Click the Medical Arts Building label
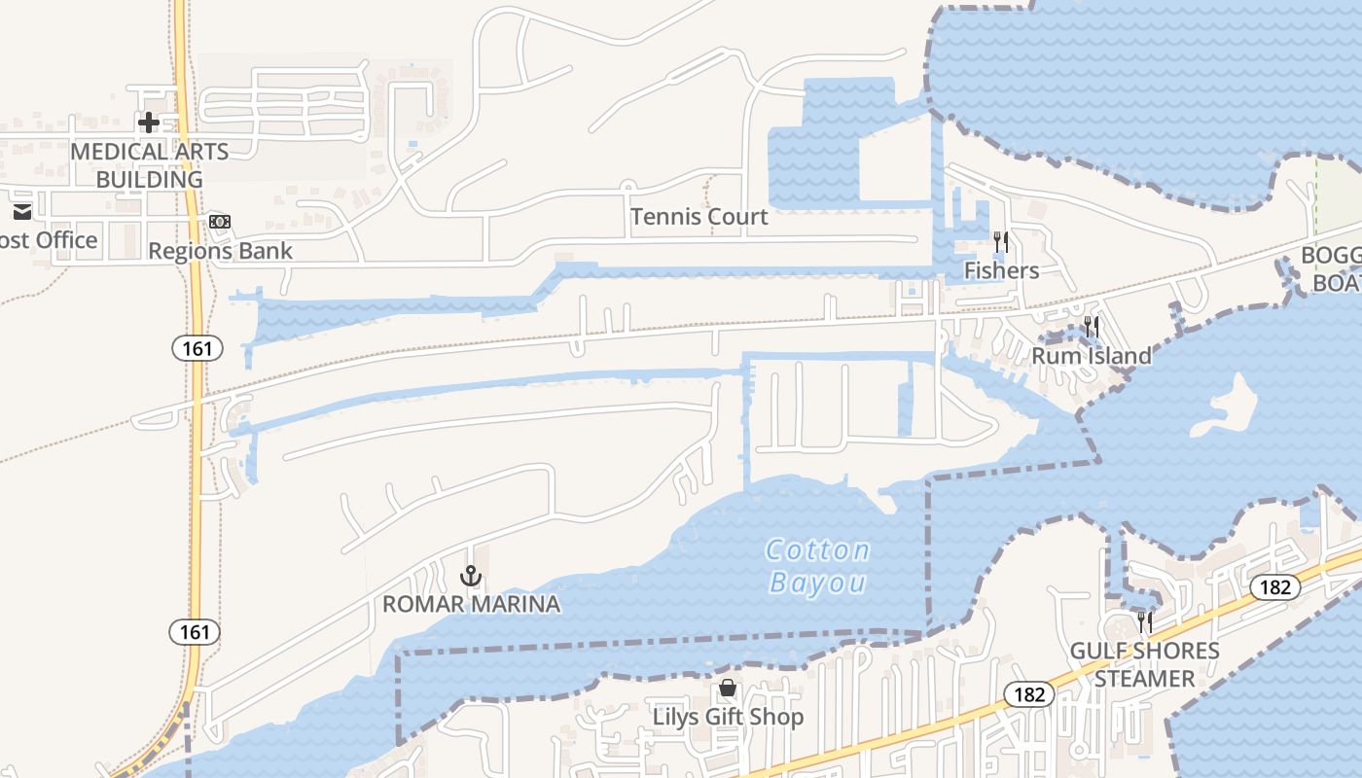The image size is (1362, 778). [150, 165]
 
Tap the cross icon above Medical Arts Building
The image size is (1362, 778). [149, 123]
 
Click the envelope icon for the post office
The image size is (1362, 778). [21, 212]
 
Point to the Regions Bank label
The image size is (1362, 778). [220, 251]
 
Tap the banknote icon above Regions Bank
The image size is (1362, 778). [220, 222]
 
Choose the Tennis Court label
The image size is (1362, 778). [699, 217]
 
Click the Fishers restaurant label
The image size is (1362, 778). [1001, 270]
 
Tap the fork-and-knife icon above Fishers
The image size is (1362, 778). [1000, 241]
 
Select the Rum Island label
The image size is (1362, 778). [1091, 356]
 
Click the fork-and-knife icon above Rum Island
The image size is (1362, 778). [1092, 327]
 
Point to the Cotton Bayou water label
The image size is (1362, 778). [817, 566]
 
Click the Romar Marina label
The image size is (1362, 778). [471, 604]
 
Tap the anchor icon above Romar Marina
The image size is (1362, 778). [471, 576]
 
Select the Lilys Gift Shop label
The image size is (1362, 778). [728, 717]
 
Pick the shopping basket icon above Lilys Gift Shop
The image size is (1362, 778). [728, 689]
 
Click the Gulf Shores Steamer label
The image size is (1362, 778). [1144, 664]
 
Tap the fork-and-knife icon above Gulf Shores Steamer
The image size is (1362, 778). [1145, 621]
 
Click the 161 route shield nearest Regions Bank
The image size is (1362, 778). [197, 347]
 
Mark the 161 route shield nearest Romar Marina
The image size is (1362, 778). [195, 632]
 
